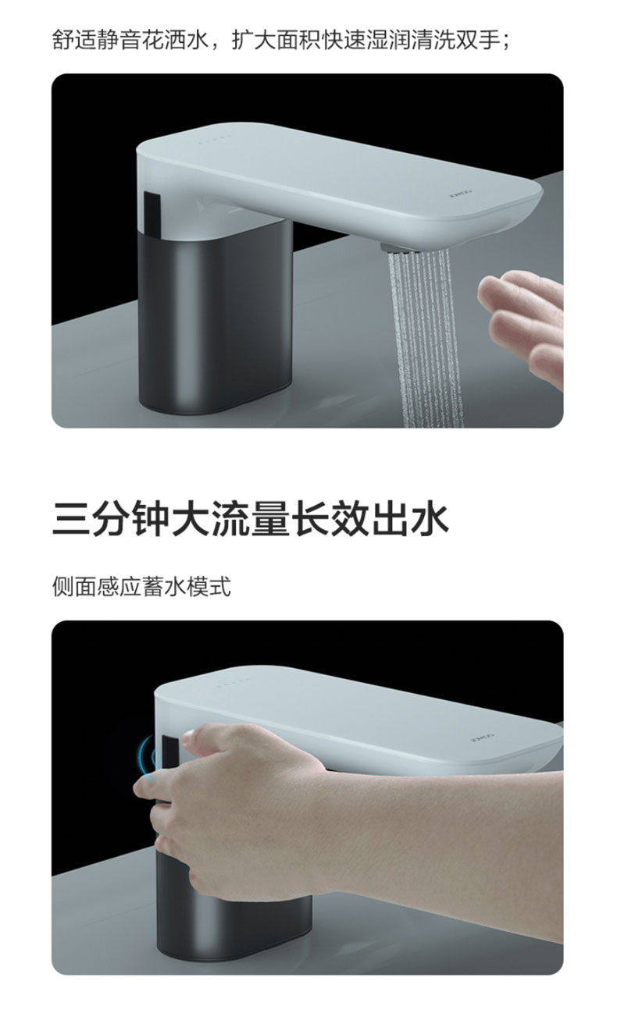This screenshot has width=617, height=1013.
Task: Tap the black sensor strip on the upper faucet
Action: tap(152, 215)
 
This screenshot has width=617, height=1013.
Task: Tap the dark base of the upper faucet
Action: tap(215, 317)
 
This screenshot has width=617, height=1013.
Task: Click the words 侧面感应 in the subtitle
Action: tap(96, 587)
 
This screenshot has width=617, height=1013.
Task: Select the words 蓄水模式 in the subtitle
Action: tap(187, 587)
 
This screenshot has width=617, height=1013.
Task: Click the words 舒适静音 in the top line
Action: tap(96, 40)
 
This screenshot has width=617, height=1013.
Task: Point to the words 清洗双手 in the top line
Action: tap(456, 40)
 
